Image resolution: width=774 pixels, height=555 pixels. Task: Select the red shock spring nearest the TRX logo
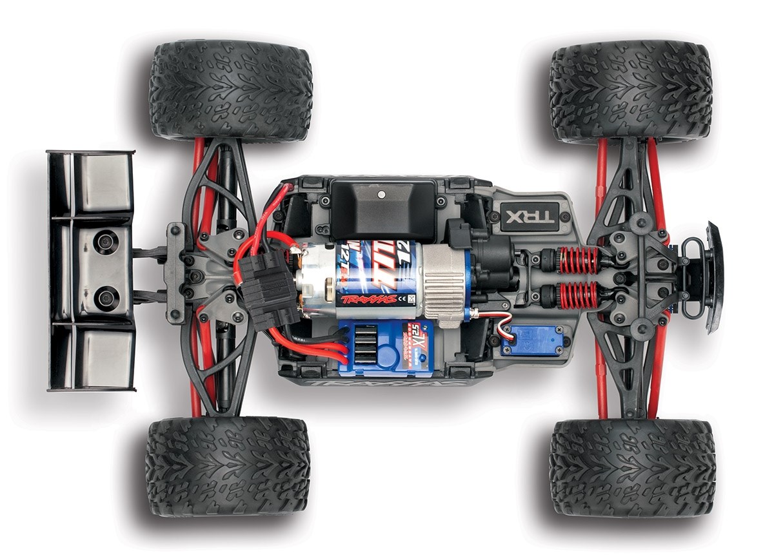point(579,260)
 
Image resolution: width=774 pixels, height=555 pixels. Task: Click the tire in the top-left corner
point(230,90)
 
